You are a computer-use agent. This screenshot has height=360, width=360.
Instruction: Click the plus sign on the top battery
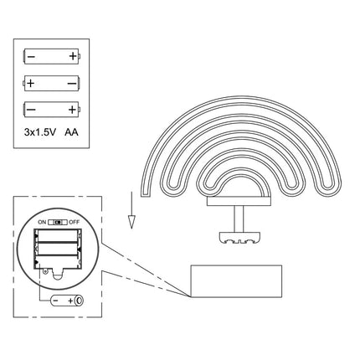tap(73, 56)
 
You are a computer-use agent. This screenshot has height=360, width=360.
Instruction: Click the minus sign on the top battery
tap(31, 57)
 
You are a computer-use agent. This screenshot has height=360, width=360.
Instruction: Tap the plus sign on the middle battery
tap(30, 83)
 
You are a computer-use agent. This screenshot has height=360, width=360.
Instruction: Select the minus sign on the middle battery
tap(72, 84)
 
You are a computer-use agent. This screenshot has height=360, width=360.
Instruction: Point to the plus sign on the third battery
tap(72, 110)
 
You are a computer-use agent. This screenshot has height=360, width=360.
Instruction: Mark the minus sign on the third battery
tap(31, 110)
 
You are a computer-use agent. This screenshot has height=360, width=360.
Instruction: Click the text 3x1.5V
tap(40, 131)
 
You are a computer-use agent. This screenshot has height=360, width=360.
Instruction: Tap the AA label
tap(71, 131)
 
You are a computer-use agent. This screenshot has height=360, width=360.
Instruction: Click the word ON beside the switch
tap(42, 222)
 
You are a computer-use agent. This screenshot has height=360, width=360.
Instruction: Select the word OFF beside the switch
tap(75, 222)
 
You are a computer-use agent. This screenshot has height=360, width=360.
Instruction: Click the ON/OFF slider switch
tap(58, 222)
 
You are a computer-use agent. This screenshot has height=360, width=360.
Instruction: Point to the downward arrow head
tap(131, 222)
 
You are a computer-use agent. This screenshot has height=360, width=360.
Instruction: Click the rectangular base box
tap(236, 281)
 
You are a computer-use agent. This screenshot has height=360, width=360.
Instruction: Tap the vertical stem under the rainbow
tap(239, 219)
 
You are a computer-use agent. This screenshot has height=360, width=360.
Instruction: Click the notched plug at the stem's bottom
tap(239, 238)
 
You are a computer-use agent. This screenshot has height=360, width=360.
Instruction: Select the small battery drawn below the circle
tap(67, 301)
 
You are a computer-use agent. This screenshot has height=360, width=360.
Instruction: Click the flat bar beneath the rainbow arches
tap(239, 202)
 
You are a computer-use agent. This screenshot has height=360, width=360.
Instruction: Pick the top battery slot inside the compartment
tap(58, 236)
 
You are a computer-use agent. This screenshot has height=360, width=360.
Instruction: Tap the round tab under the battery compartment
tap(58, 275)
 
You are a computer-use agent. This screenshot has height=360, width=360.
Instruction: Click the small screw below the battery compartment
tap(45, 270)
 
